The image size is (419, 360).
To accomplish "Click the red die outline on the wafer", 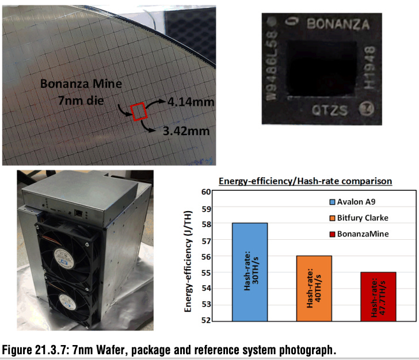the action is tap(139, 111).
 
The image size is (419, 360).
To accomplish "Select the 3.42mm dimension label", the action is tap(178, 132).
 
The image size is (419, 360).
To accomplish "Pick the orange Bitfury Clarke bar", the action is tap(314, 288).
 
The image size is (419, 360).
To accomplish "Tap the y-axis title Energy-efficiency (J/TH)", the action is tap(188, 256).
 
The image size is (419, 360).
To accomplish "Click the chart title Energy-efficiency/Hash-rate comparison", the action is tap(305, 181).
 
